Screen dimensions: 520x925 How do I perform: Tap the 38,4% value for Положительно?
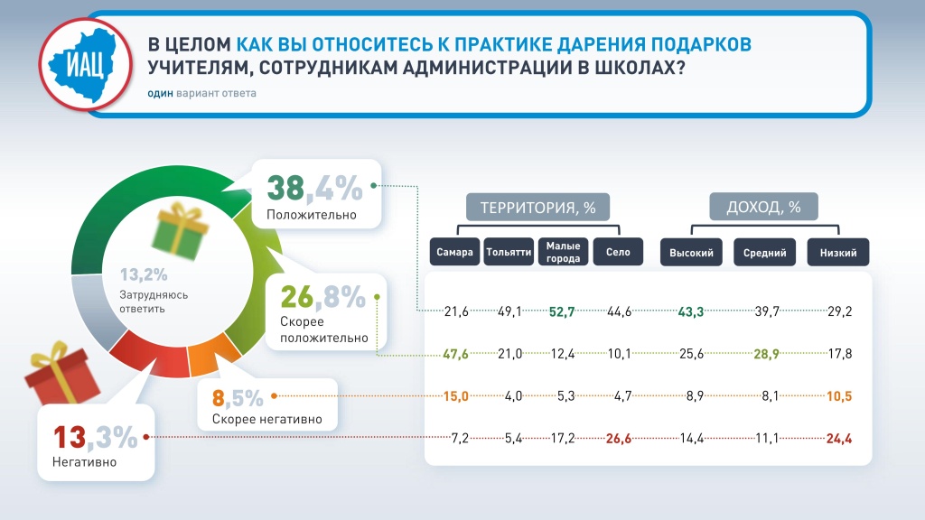(x=314, y=189)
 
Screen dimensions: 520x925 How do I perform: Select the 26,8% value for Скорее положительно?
(x=322, y=297)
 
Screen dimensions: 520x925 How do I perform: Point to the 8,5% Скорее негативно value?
(x=238, y=396)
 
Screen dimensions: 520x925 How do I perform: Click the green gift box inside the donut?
(x=178, y=228)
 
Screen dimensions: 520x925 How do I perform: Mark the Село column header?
(x=618, y=253)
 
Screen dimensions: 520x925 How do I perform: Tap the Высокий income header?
(x=692, y=253)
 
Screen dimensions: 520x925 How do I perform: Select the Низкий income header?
(x=838, y=253)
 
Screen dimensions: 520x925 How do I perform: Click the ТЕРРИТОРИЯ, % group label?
(x=537, y=208)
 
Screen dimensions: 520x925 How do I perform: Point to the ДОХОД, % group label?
(x=763, y=208)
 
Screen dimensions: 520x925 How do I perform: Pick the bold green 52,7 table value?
(x=563, y=311)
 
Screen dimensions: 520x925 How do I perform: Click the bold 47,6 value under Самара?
(x=456, y=354)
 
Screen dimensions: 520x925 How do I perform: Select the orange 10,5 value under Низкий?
(x=838, y=396)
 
